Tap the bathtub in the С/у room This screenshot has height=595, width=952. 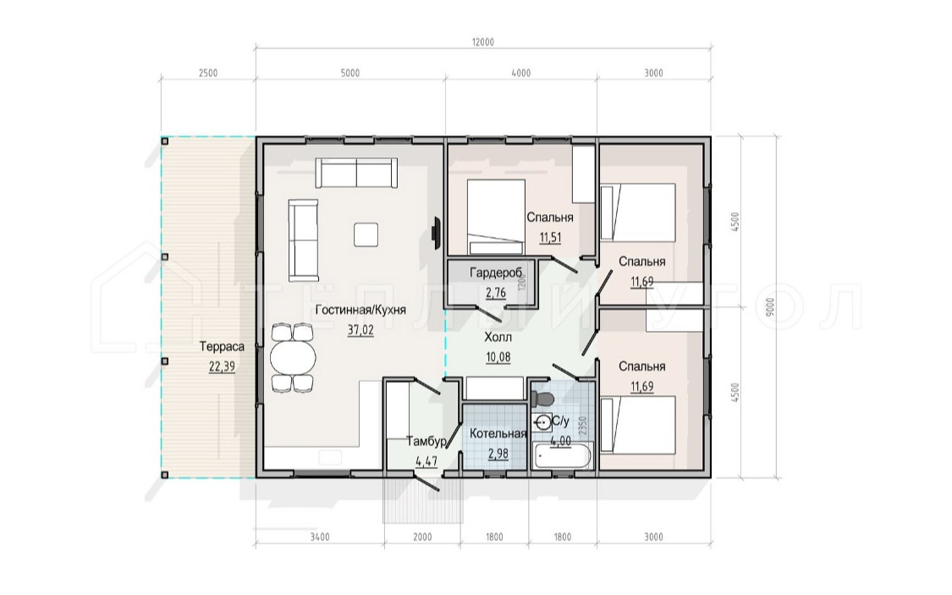pyautogui.click(x=562, y=456)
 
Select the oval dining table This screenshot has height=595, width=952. pyautogui.click(x=294, y=358)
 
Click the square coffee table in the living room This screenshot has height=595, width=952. pyautogui.click(x=366, y=234)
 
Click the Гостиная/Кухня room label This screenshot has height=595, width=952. pyautogui.click(x=360, y=311)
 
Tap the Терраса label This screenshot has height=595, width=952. pyautogui.click(x=223, y=347)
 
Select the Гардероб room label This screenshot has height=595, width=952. pyautogui.click(x=495, y=273)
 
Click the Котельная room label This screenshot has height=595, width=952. pyautogui.click(x=498, y=433)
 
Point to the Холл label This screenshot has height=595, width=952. pyautogui.click(x=498, y=337)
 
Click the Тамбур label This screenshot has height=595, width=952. pyautogui.click(x=426, y=442)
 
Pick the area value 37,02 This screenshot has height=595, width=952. pyautogui.click(x=360, y=330)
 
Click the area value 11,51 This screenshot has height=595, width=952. pyautogui.click(x=550, y=237)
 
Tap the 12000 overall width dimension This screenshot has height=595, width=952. pyautogui.click(x=482, y=42)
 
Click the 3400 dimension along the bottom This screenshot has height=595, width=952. pyautogui.click(x=320, y=537)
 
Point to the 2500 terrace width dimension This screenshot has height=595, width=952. pyautogui.click(x=207, y=74)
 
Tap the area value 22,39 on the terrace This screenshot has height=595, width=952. pyautogui.click(x=223, y=366)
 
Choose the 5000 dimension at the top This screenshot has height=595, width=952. pyautogui.click(x=349, y=74)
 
